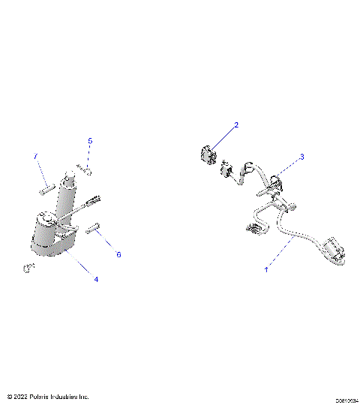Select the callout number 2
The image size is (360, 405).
pyautogui.click(x=236, y=125)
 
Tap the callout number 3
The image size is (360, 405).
pyautogui.click(x=301, y=157)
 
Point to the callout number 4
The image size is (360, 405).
pyautogui.click(x=96, y=279)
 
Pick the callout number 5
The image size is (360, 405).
pyautogui.click(x=90, y=141)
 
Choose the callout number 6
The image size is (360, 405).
pyautogui.click(x=118, y=254)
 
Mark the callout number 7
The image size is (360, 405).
pyautogui.click(x=34, y=155)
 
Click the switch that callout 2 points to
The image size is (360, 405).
pyautogui.click(x=207, y=156)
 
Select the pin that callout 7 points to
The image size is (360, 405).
pyautogui.click(x=44, y=188)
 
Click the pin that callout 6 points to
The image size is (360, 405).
pyautogui.click(x=94, y=229)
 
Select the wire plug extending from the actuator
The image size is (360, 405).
pyautogui.click(x=94, y=201)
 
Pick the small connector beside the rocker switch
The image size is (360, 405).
pyautogui.click(x=225, y=171)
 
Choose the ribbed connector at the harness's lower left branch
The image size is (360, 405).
pyautogui.click(x=255, y=229)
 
